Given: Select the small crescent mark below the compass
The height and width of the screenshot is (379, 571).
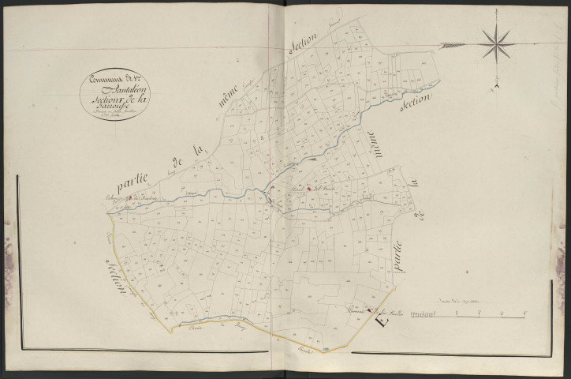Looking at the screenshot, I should click(498, 84).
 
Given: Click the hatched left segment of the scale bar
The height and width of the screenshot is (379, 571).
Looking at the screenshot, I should click(425, 314).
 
